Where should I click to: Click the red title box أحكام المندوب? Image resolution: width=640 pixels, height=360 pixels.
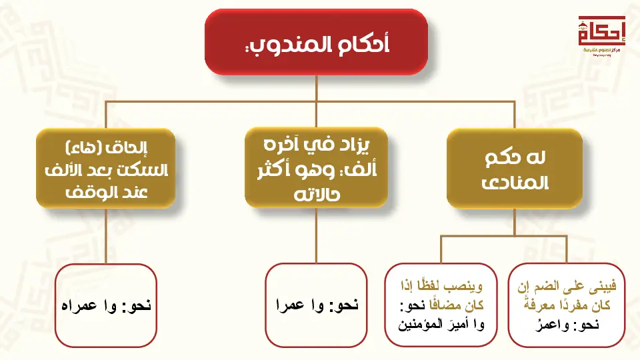click(x=316, y=42)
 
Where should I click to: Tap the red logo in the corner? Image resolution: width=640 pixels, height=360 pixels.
click(x=601, y=35)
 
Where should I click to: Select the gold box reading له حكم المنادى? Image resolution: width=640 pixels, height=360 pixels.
click(x=515, y=169)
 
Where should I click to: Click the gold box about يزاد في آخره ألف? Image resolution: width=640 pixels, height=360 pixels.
click(x=316, y=167)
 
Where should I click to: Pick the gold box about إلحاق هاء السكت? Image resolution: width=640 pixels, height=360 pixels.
click(x=106, y=169)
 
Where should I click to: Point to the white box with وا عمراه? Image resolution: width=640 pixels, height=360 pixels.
click(x=106, y=305)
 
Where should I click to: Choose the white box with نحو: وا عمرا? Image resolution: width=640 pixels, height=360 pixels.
click(x=316, y=305)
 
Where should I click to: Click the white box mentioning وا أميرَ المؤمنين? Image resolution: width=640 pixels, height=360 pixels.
click(x=441, y=305)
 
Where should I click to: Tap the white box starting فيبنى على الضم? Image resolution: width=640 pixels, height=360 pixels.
click(x=567, y=305)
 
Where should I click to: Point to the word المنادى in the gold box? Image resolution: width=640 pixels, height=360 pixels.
click(x=515, y=183)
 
